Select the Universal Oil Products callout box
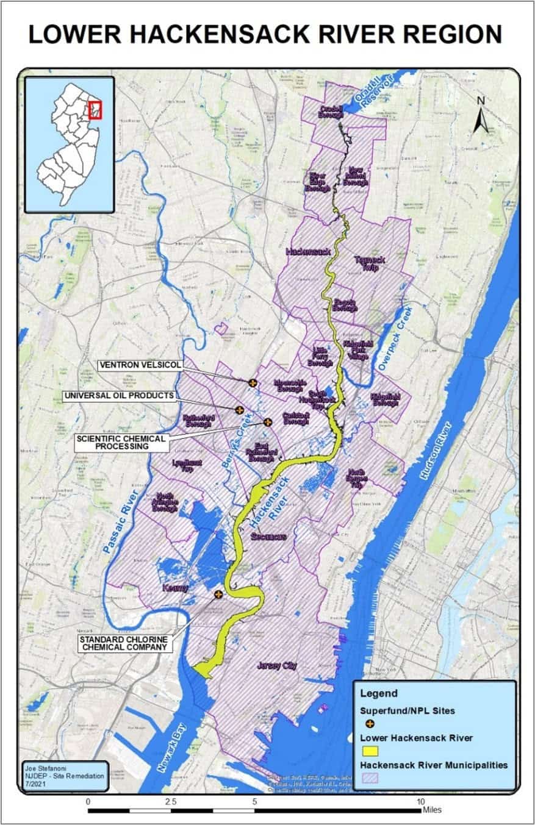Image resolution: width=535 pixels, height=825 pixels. click(x=118, y=396)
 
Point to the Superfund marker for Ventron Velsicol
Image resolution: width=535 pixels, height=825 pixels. click(x=252, y=382)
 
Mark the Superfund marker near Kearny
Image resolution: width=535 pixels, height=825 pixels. click(x=218, y=595)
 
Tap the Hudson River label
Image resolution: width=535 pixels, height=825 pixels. click(x=437, y=452)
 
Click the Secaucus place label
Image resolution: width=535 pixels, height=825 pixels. click(x=268, y=536)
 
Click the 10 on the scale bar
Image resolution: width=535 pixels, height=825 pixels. click(x=420, y=801)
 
